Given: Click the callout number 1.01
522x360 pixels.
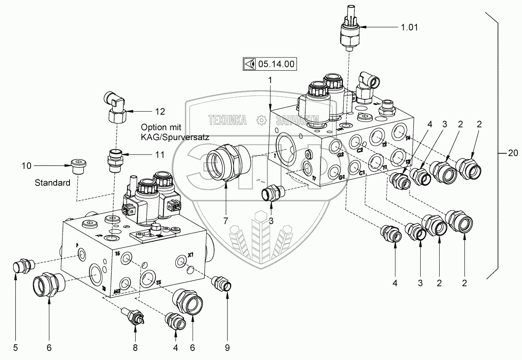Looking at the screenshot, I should click(408, 28).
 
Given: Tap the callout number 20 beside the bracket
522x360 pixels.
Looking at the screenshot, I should click(512, 153).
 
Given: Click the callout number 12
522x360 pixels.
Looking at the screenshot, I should click(160, 111).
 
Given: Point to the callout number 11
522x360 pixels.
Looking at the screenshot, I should click(160, 155).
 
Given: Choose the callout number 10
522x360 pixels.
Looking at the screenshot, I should click(26, 166).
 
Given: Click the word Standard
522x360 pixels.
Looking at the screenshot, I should click(53, 182).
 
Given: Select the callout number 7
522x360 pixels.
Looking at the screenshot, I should click(226, 221).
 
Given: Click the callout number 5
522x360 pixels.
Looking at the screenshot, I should click(15, 348).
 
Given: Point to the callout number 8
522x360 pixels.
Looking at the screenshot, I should click(135, 348).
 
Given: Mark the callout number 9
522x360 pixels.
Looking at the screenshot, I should click(227, 348).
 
